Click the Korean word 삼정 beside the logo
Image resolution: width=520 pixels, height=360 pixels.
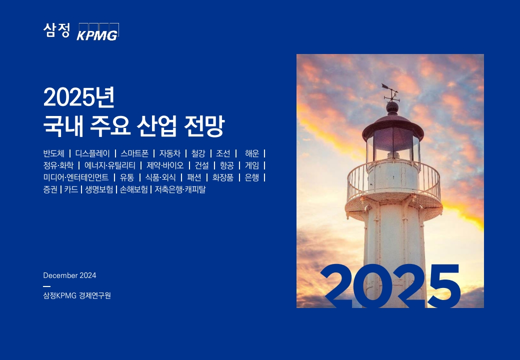coord(56,30)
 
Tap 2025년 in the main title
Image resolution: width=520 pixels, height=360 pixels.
coord(79,97)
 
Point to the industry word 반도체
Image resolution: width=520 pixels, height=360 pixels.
coord(53,153)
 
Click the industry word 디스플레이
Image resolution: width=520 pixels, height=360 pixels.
coord(92,153)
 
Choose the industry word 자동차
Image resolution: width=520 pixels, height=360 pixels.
coord(170,153)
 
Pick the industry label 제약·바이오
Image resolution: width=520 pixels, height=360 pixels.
coord(165,165)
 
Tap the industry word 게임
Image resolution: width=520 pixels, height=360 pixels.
coord(252,165)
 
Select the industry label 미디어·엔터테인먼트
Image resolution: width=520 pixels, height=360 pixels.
coord(76,177)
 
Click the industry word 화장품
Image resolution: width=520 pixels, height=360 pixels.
coord(223,177)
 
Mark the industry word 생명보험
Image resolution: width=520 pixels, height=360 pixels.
coord(99,189)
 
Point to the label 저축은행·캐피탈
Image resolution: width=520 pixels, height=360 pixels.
coord(180,189)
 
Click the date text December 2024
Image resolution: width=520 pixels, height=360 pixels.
coord(69,275)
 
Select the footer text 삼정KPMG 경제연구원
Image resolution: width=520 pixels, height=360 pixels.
coord(77,295)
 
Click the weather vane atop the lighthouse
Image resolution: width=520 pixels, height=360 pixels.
coord(390,92)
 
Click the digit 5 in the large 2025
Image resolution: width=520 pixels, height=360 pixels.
coord(443,285)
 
